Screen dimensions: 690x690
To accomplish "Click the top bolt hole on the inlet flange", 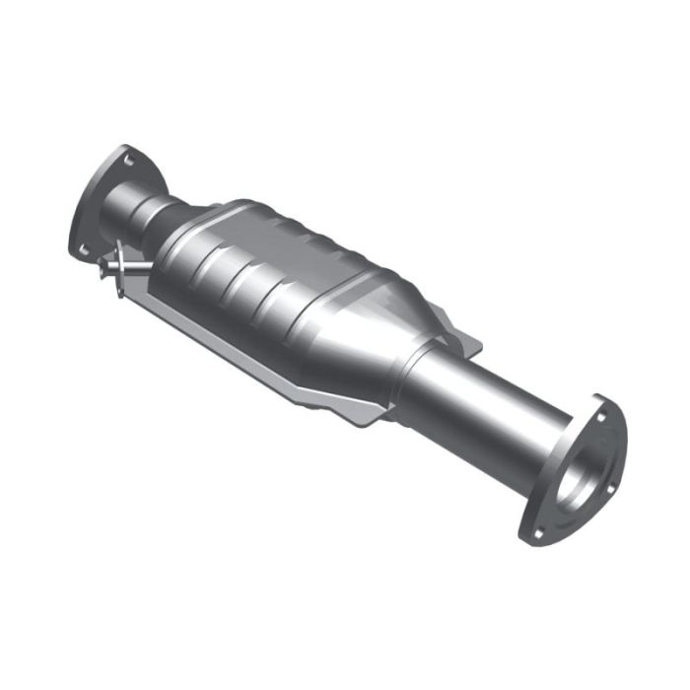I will [126, 155].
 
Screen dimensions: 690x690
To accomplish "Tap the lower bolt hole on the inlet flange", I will [83, 247].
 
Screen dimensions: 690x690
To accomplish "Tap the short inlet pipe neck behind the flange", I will [153, 212].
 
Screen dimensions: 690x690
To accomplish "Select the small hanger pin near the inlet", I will [128, 266].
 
